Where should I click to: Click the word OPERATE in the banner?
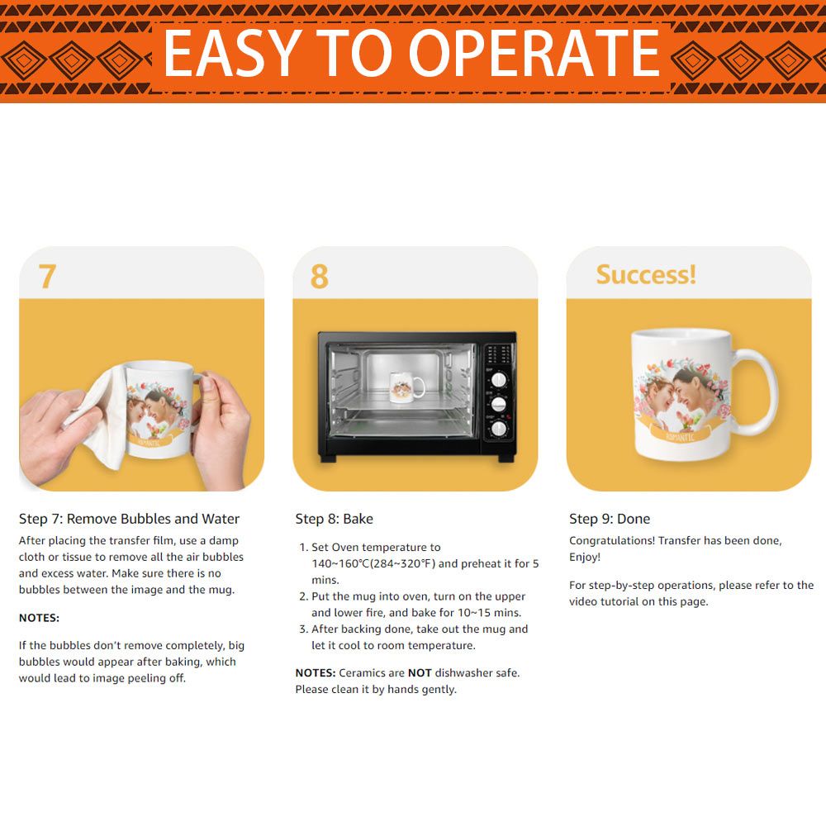click(534, 53)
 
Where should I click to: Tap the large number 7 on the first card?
click(47, 276)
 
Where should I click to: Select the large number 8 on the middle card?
click(319, 276)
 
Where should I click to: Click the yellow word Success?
click(646, 274)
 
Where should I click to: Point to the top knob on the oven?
click(499, 379)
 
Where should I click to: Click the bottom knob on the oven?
click(499, 429)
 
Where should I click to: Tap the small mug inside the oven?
click(406, 387)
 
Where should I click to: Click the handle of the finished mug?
click(758, 392)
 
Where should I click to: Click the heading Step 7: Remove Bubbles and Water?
click(129, 519)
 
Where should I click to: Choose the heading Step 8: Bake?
click(334, 519)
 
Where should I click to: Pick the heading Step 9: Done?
click(610, 519)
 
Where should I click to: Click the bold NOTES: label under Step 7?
click(39, 618)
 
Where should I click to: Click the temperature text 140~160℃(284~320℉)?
click(373, 563)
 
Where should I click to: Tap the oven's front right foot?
click(506, 458)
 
